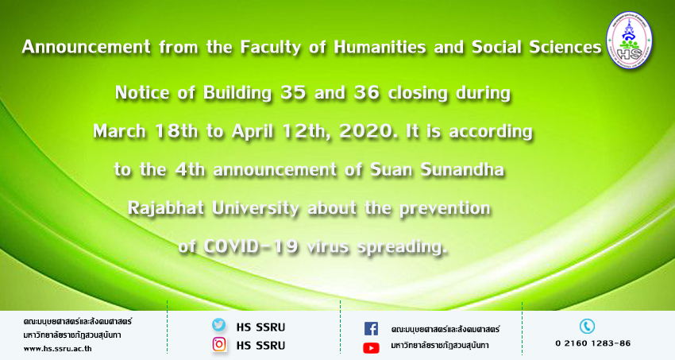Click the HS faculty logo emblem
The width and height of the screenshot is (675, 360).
(629, 40)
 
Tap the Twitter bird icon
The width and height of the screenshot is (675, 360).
(218, 325)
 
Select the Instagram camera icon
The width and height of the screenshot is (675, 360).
(219, 344)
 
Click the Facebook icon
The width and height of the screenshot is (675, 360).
(371, 328)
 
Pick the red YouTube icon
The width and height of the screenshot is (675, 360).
(371, 347)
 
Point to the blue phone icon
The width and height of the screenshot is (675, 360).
(587, 326)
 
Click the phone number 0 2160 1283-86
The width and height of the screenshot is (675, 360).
(592, 343)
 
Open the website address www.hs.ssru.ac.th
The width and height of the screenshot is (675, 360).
(58, 349)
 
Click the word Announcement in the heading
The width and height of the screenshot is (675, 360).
(86, 47)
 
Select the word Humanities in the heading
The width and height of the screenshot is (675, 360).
(380, 47)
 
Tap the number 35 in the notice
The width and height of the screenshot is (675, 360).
(293, 93)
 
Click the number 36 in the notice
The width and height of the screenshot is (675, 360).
(366, 93)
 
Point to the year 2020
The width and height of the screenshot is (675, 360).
(368, 131)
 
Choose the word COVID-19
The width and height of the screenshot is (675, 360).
(250, 246)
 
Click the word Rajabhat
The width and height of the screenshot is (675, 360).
(166, 208)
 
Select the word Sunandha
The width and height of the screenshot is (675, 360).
(462, 169)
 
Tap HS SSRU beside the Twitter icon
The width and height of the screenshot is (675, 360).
(260, 327)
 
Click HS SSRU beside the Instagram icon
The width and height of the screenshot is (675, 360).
(260, 346)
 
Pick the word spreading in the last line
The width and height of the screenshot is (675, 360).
(403, 247)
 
